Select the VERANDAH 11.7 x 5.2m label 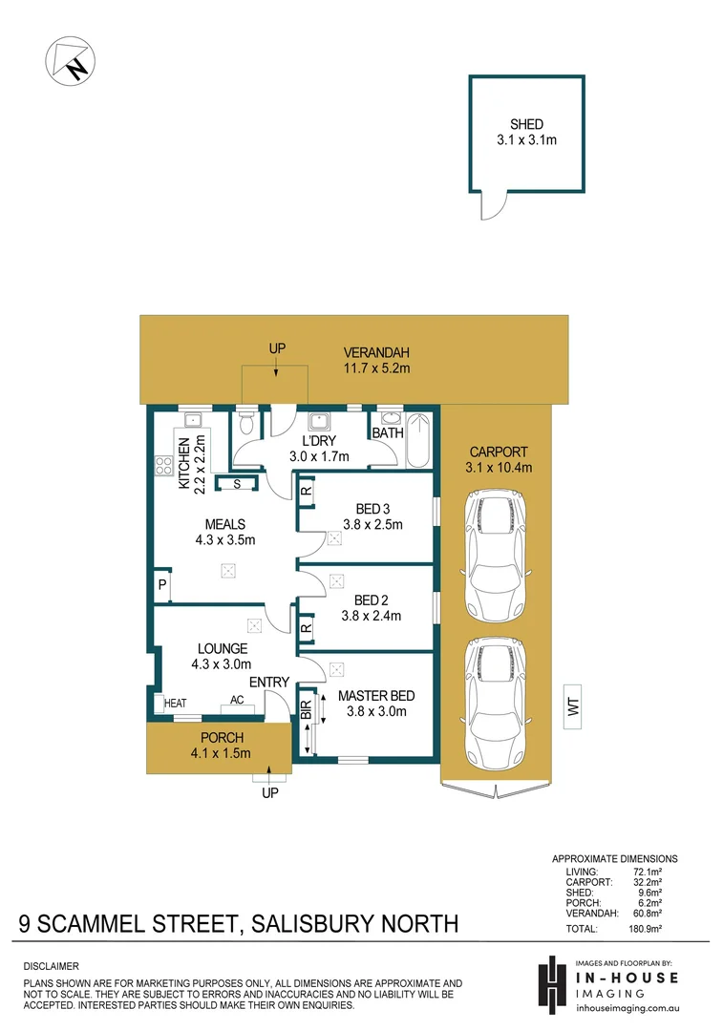tap(376, 360)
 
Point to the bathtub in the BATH tap(419, 442)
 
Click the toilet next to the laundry tap(246, 422)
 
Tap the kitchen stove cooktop tap(161, 468)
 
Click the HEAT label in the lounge tap(175, 704)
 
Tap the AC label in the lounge tap(236, 700)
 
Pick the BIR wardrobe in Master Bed tap(307, 720)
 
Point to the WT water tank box tap(574, 707)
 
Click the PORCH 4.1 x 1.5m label tap(222, 746)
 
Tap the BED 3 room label tap(372, 516)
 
